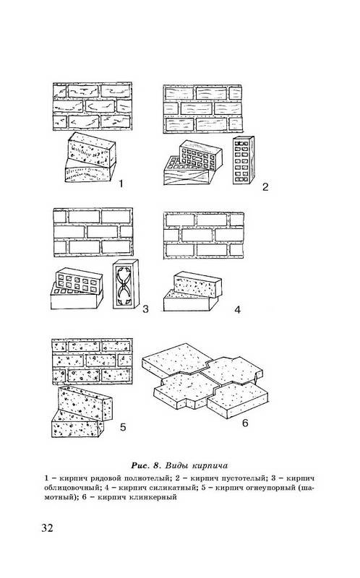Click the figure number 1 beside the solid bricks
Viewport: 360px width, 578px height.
tap(120, 184)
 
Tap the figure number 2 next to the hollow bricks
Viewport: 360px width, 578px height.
tap(265, 187)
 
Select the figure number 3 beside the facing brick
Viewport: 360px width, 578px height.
tap(145, 309)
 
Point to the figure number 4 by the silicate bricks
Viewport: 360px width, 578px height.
tap(238, 310)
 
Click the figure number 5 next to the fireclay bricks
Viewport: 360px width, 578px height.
tap(123, 427)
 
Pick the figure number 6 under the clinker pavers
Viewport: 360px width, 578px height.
tap(245, 423)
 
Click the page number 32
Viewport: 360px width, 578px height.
tap(47, 528)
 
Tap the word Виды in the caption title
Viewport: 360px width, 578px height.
tap(174, 465)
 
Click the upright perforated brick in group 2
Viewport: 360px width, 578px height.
tap(244, 160)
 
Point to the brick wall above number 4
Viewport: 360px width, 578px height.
tap(204, 236)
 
